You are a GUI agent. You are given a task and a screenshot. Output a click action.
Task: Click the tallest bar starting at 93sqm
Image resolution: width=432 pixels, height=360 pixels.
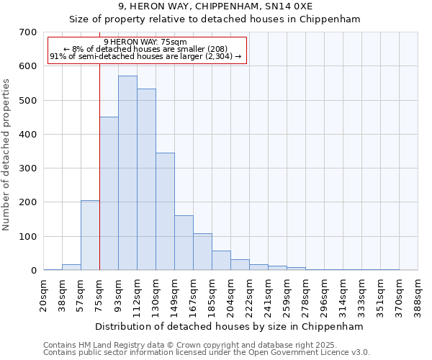point(127,173)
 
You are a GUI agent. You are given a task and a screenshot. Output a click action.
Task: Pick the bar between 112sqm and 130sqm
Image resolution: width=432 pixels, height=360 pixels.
point(146,179)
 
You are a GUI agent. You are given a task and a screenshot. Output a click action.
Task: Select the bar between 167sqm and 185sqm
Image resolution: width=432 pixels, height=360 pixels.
point(202,252)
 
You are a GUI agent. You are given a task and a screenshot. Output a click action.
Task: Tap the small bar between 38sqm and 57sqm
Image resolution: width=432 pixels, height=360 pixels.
point(71,267)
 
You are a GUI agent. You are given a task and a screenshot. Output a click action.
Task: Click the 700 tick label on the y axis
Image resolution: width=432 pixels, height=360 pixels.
point(28,32)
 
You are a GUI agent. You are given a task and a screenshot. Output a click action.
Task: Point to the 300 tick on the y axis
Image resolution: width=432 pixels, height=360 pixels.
point(28,168)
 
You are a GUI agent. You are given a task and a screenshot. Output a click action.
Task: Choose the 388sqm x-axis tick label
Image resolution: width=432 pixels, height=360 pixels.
point(418,294)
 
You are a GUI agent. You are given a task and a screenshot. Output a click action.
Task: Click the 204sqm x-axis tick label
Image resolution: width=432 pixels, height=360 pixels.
point(231,294)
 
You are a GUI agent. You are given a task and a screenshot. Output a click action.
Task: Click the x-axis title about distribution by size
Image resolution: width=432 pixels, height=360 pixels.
point(229,326)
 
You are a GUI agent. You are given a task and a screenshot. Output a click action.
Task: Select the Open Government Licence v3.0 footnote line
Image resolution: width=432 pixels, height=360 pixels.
point(207,353)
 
